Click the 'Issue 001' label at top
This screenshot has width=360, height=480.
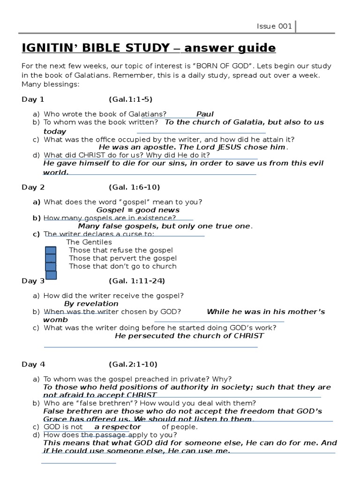(x=274, y=26)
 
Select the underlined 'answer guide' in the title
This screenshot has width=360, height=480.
(x=230, y=48)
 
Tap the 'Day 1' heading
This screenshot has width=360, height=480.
(x=33, y=99)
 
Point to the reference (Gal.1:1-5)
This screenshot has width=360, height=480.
(x=130, y=99)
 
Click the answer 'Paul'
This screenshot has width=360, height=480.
(x=205, y=114)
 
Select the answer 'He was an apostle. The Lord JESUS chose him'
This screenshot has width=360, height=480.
(x=192, y=147)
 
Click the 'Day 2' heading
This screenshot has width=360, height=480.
(x=33, y=187)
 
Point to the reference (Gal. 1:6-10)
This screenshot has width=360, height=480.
(x=134, y=187)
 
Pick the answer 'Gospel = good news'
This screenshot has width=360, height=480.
(x=138, y=210)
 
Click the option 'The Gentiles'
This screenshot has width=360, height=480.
(x=89, y=242)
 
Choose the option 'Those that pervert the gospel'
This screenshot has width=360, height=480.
(x=122, y=258)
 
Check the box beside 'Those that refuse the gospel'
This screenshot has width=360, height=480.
(x=51, y=251)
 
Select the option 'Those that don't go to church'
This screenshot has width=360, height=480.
(x=122, y=266)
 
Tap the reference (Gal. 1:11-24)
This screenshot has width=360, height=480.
(x=136, y=281)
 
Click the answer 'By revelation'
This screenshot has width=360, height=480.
(x=91, y=304)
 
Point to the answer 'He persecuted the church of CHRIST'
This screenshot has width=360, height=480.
(x=189, y=336)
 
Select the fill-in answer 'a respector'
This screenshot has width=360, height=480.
(x=117, y=427)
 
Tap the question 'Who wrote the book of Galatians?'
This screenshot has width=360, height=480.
(x=105, y=114)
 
